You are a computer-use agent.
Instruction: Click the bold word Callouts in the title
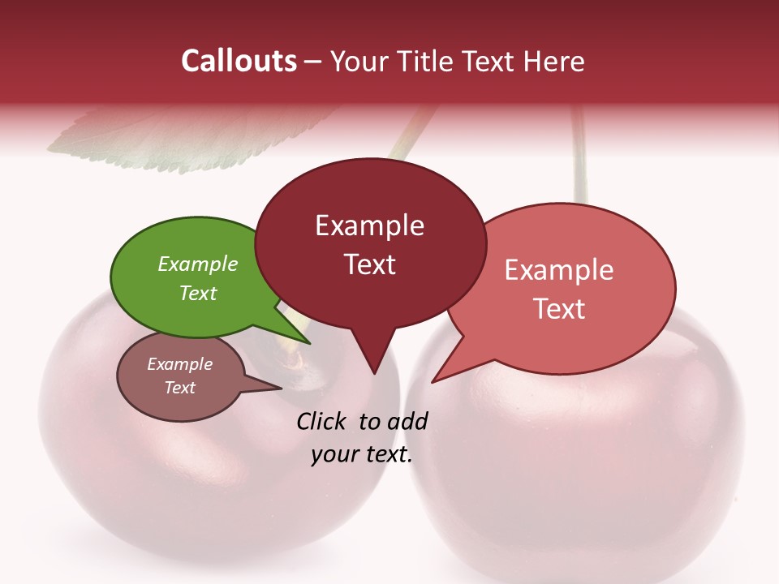pyautogui.click(x=239, y=61)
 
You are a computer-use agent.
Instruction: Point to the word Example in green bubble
pyautogui.click(x=198, y=264)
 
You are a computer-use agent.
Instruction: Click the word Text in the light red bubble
pyautogui.click(x=559, y=308)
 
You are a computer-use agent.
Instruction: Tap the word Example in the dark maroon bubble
pyautogui.click(x=370, y=225)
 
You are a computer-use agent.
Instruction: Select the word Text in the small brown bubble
pyautogui.click(x=180, y=388)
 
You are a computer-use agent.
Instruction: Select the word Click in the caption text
pyautogui.click(x=322, y=421)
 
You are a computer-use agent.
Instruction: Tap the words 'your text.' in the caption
pyautogui.click(x=362, y=454)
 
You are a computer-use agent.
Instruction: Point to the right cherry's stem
pyautogui.click(x=579, y=154)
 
